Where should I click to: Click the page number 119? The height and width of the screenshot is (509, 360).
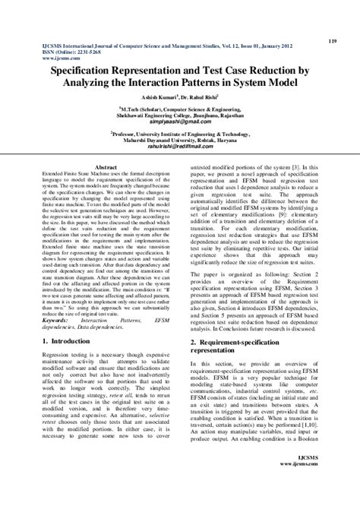(x=333, y=40)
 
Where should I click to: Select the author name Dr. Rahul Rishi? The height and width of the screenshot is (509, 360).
(x=202, y=98)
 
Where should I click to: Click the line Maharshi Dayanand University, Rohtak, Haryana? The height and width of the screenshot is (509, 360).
(x=180, y=141)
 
